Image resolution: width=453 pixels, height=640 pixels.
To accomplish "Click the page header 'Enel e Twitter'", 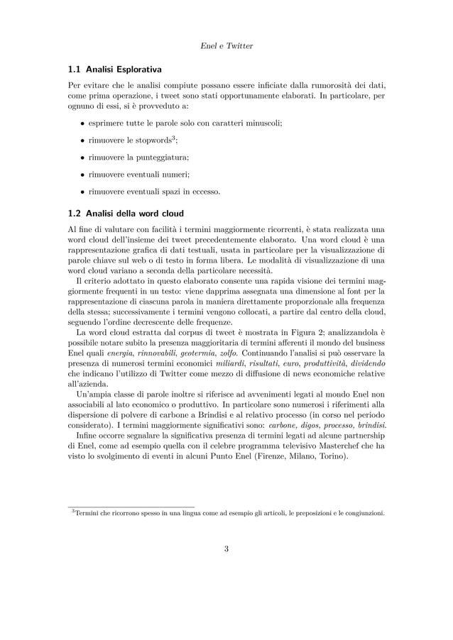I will coord(226,46).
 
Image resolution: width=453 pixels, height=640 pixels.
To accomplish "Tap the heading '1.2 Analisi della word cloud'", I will coord(126,214).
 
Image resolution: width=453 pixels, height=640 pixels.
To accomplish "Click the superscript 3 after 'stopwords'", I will coord(174,137).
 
